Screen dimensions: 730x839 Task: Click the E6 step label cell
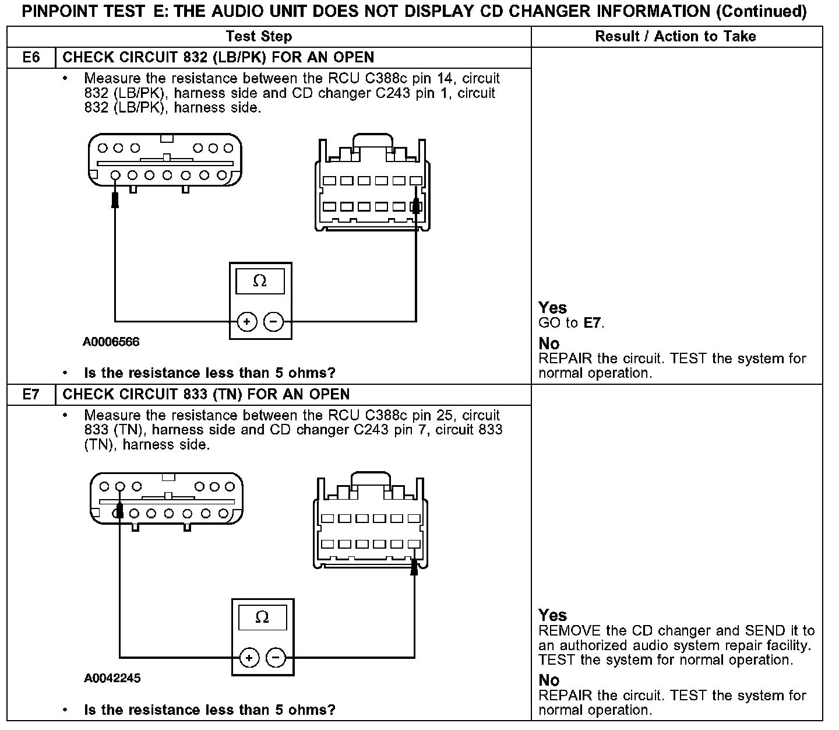coord(31,58)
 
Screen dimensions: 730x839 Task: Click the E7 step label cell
coord(31,395)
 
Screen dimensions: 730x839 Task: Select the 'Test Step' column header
coord(259,37)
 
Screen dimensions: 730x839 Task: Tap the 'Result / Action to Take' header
coord(675,37)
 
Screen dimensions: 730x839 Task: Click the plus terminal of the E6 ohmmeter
coord(247,321)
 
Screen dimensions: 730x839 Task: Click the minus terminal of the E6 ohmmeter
coord(274,321)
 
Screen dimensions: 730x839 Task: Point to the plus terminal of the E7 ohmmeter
coord(249,658)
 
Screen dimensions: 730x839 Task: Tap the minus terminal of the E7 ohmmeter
coord(276,658)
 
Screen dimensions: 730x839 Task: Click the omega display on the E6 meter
coord(260,281)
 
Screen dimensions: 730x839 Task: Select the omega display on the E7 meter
coord(262,617)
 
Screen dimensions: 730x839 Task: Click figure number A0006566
coord(111,342)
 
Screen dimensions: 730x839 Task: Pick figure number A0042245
coord(112,678)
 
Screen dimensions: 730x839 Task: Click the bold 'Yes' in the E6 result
coord(552,308)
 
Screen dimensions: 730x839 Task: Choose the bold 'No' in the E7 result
coord(549,680)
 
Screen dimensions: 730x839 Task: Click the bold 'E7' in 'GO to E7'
coord(592,322)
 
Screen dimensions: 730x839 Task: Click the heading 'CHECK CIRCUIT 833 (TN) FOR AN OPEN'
coord(206,395)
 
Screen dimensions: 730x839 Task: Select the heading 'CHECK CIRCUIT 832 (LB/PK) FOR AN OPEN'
coord(218,58)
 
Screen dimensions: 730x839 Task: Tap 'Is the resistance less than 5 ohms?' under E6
coord(210,373)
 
